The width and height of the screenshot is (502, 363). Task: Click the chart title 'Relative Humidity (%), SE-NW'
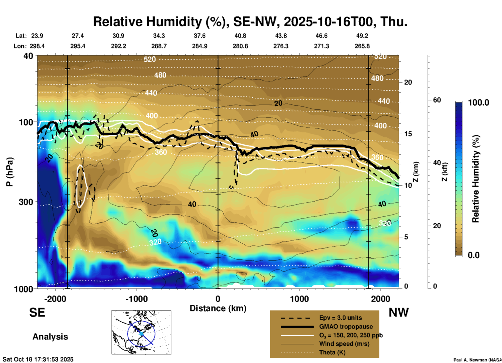coord(250,22)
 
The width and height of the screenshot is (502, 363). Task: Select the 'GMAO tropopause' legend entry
coord(346,327)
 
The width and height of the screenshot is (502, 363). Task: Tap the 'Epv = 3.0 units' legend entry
coord(340,318)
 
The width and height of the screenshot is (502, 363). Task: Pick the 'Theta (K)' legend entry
coord(332,352)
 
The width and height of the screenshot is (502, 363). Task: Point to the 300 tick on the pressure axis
coord(26,202)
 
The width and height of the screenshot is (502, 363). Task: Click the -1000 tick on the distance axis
coord(137,299)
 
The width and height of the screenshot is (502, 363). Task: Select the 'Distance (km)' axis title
coord(218,308)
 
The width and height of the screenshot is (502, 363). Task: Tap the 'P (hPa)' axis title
coord(10,172)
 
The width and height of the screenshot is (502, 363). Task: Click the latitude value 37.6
coord(200,36)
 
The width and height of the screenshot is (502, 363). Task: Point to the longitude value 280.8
coord(240,46)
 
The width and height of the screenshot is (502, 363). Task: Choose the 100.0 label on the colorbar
coord(479,103)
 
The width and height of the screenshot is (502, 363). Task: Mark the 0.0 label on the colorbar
coord(474,255)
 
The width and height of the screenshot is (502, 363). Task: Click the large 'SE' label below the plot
coord(37,312)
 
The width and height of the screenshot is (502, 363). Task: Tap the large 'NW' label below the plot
coord(399,312)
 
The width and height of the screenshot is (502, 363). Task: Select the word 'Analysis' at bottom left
coord(50,337)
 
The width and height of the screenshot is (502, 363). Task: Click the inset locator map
coord(141,332)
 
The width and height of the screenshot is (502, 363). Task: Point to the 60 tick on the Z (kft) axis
coord(437,100)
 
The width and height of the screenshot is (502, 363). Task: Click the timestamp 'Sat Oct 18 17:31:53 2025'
coord(38,359)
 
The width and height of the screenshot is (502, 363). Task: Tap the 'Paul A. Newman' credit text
coord(477,360)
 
